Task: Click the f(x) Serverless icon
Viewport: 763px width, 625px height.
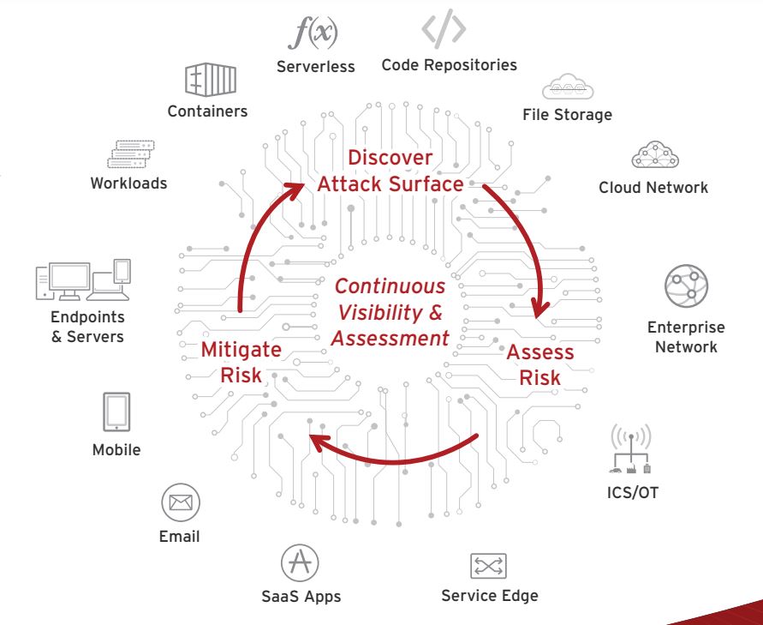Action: point(313,32)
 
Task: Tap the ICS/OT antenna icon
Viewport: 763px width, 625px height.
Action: point(631,448)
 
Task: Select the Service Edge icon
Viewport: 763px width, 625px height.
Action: point(488,566)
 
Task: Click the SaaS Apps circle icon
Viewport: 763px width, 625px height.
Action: point(300,562)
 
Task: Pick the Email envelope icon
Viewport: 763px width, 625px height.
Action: point(180,502)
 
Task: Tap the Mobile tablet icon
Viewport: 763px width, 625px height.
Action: point(116,412)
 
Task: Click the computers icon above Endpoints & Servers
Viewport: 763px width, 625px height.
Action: point(83,279)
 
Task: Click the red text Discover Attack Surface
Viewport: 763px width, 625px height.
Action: point(390,171)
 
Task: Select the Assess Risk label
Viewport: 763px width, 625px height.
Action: point(539,364)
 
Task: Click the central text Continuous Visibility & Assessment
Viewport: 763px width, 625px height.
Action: point(390,312)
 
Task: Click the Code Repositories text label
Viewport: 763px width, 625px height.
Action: point(449,64)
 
